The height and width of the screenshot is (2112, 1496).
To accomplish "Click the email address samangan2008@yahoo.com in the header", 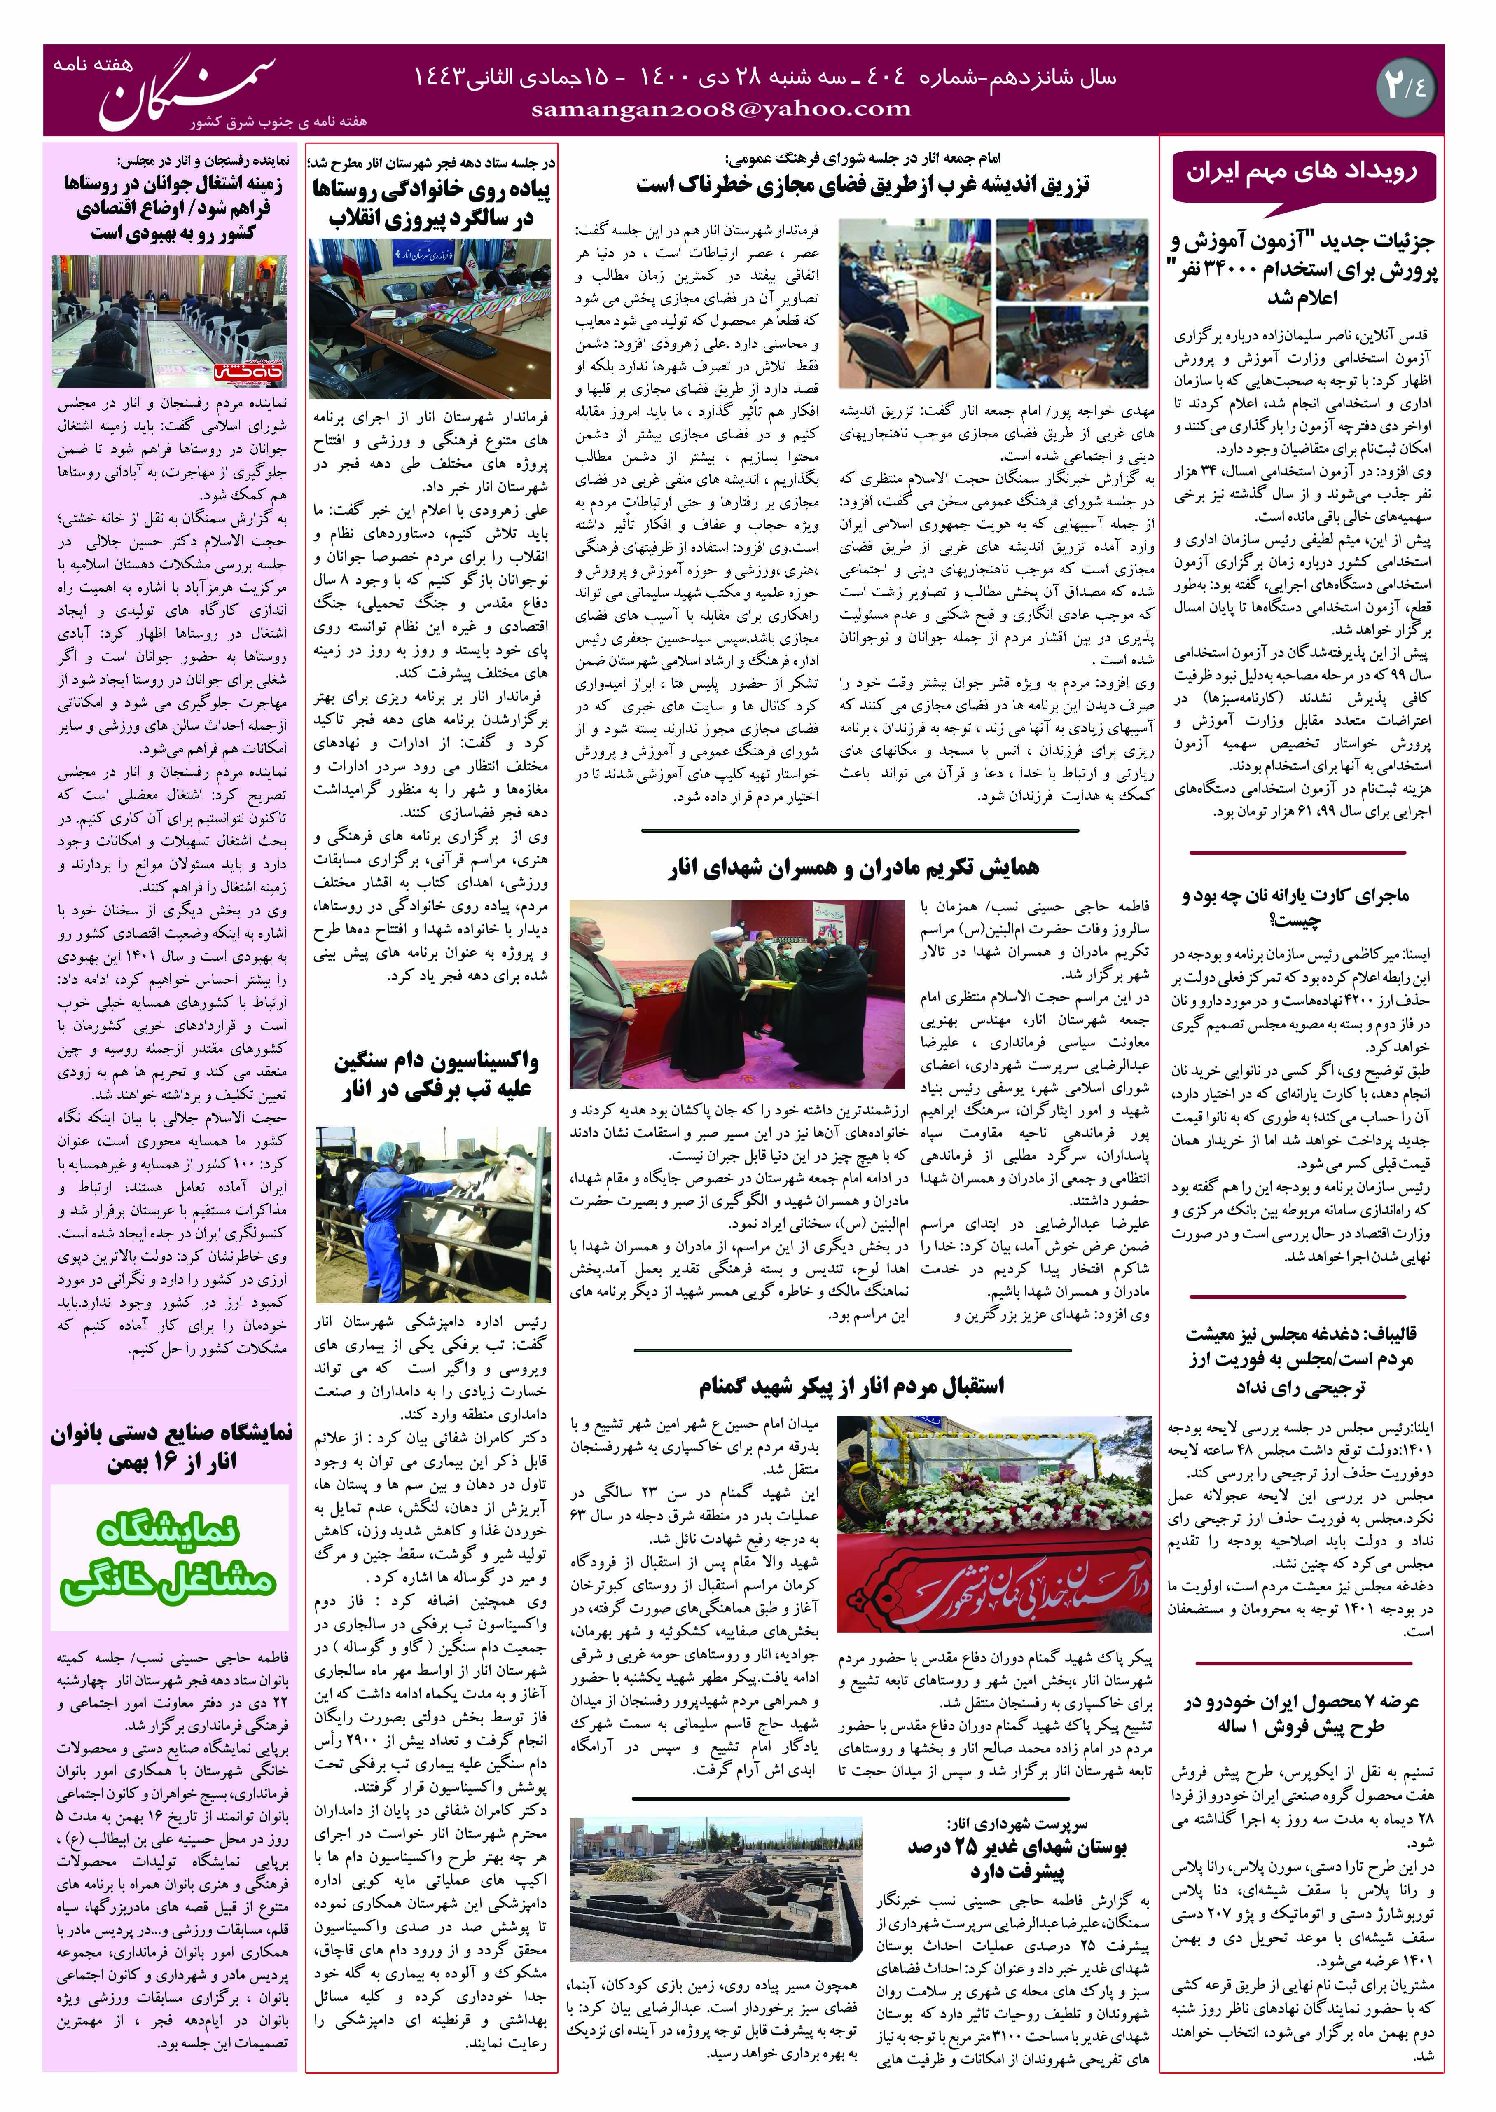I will tap(721, 109).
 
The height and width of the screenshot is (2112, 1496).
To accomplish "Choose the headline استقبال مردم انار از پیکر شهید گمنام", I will tap(851, 1385).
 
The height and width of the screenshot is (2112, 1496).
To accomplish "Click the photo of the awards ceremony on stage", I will tap(737, 993).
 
